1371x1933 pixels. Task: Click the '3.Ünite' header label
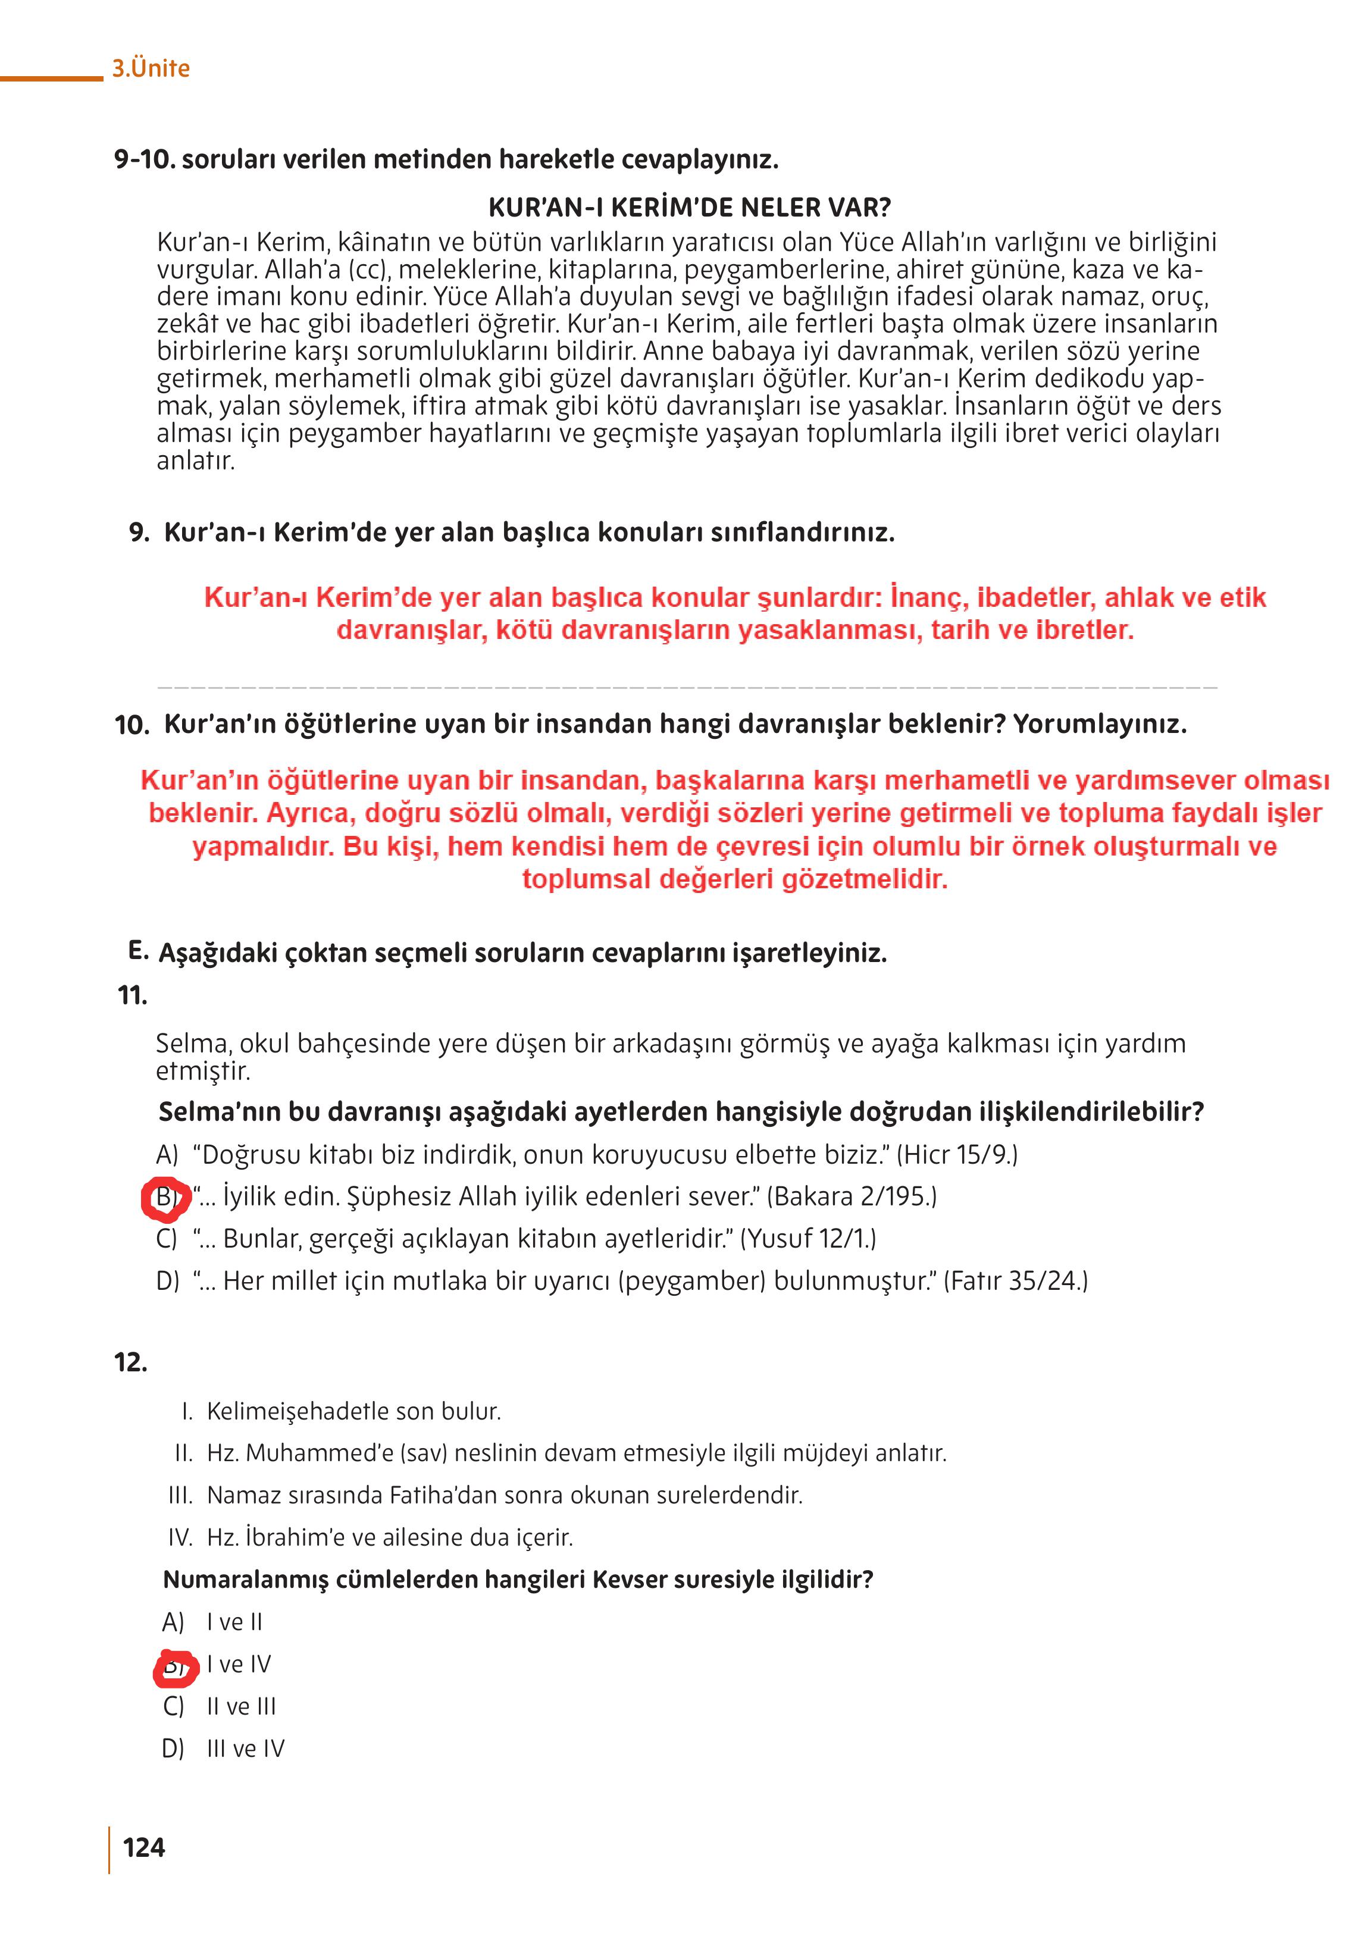pos(151,68)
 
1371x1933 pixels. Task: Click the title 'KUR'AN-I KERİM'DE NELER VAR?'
pos(689,207)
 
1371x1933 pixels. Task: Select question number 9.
pos(139,532)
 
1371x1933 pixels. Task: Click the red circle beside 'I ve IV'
pos(175,1667)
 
